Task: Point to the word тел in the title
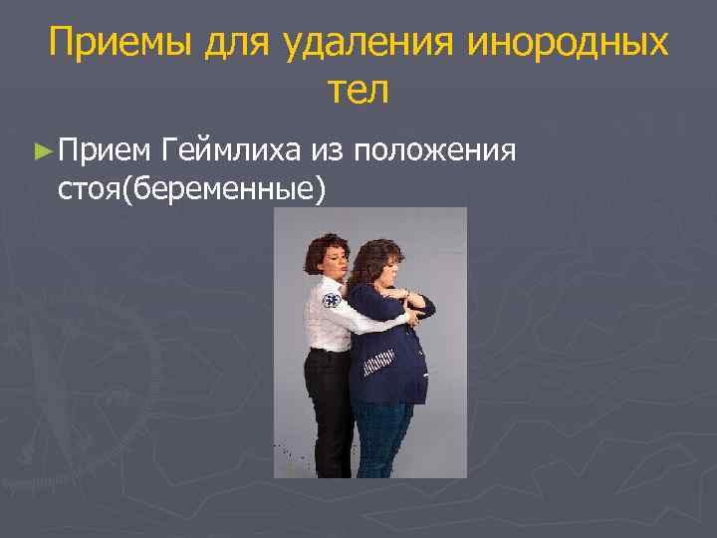(x=358, y=91)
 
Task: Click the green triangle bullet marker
(x=40, y=151)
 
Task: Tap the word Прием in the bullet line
(x=104, y=150)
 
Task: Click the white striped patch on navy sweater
(x=381, y=367)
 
